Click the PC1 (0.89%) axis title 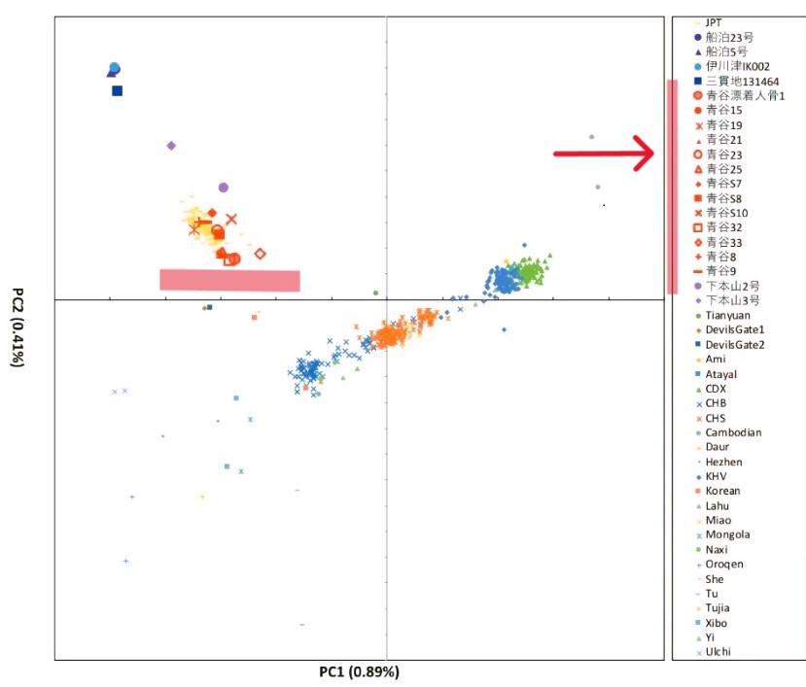tap(359, 671)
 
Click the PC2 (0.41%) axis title tap(17, 326)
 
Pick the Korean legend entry tap(724, 491)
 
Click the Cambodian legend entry tap(733, 432)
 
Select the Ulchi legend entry tap(719, 651)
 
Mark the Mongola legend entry tap(727, 534)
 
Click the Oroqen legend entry tap(724, 564)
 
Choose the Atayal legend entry tap(723, 374)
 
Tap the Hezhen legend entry tap(725, 462)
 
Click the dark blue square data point tap(117, 90)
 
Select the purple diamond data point tap(171, 146)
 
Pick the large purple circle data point tap(224, 187)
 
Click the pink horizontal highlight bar tap(229, 280)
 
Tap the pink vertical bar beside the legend tap(672, 186)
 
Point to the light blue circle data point tap(115, 68)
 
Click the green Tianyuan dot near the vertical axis tap(375, 292)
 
